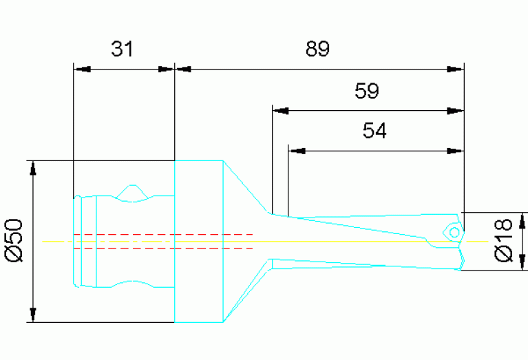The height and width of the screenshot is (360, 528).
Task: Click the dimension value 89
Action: [x=317, y=50]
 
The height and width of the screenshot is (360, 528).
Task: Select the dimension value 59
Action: [x=366, y=92]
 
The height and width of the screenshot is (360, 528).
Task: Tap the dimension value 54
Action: [x=374, y=131]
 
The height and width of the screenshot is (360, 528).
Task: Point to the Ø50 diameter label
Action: [x=14, y=240]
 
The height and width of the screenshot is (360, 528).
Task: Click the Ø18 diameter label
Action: [x=504, y=240]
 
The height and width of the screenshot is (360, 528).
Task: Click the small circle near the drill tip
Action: [x=454, y=231]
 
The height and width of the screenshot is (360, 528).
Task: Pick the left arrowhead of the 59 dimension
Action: [x=280, y=110]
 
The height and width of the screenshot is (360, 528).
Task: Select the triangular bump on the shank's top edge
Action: [x=133, y=191]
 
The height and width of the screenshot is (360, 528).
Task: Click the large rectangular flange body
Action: [x=198, y=241]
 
